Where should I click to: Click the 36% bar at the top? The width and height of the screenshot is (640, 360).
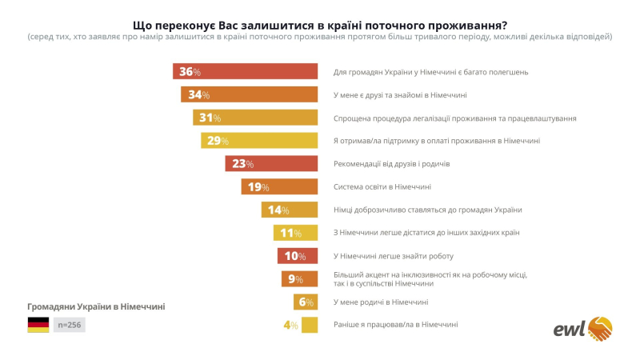[x=245, y=72]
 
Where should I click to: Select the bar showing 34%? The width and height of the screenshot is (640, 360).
[x=249, y=95]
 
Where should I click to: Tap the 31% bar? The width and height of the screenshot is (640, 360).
[x=255, y=118]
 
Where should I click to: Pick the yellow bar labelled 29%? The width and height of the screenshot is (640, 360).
[x=259, y=141]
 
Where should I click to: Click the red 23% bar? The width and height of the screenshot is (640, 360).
[x=271, y=164]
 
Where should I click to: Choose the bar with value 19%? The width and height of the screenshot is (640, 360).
[x=279, y=187]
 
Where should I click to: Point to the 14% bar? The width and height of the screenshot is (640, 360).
[x=290, y=210]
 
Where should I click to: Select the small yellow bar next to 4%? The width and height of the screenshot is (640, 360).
[x=310, y=326]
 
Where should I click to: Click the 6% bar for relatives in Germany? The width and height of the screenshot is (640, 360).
[x=306, y=302]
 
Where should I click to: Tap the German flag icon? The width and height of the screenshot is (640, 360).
[x=38, y=325]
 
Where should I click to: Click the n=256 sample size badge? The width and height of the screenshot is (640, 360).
[x=69, y=325]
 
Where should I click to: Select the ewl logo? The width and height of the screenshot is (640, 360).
[x=583, y=329]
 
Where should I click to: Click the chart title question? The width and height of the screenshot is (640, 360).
[x=319, y=24]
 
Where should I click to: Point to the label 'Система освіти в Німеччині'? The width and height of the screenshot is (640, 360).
[x=382, y=187]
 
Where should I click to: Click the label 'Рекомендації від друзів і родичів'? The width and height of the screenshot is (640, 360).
[x=391, y=164]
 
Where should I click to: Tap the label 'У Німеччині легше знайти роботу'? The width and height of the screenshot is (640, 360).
[x=394, y=256]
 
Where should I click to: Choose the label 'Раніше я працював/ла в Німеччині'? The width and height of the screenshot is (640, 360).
[x=395, y=326]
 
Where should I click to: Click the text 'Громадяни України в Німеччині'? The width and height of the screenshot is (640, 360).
[x=96, y=306]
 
